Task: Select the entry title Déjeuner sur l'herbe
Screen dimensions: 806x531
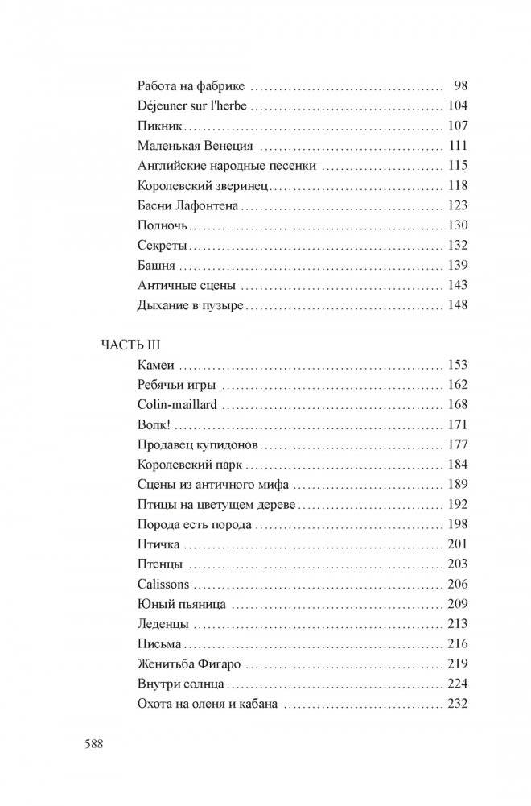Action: click(192, 105)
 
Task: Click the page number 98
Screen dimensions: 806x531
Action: click(462, 85)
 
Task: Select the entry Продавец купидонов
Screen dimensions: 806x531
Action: click(191, 444)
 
